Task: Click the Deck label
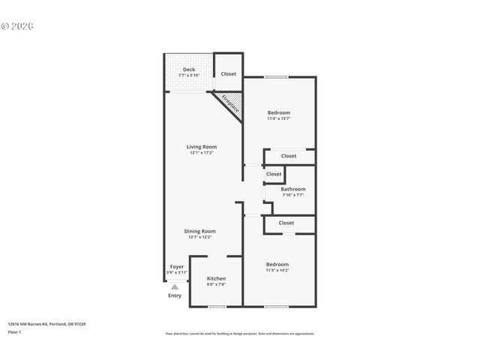click(x=189, y=69)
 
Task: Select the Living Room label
click(x=202, y=146)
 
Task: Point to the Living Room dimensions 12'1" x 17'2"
click(x=202, y=152)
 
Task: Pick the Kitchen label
click(x=216, y=278)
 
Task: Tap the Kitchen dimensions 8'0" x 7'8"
click(x=216, y=284)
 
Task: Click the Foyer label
click(x=177, y=266)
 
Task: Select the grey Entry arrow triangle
click(x=175, y=286)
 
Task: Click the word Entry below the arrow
click(x=175, y=295)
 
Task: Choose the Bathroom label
click(x=293, y=189)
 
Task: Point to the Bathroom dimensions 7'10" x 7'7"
click(x=293, y=195)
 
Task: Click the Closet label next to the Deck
click(x=228, y=73)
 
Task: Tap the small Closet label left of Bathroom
click(x=274, y=174)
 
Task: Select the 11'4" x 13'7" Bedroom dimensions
click(x=279, y=118)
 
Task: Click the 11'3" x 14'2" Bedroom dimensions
click(x=277, y=270)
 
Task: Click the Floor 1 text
click(x=14, y=331)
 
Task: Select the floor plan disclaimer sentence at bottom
click(x=239, y=333)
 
